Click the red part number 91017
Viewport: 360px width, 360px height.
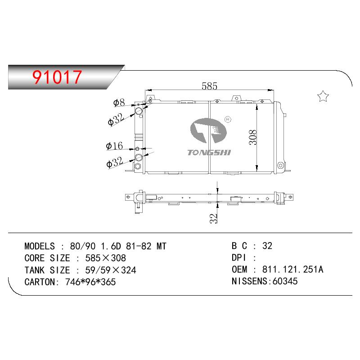click(x=57, y=77)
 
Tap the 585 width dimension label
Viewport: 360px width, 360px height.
click(x=209, y=86)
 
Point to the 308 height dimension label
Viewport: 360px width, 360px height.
click(x=253, y=137)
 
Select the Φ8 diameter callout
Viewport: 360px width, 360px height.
click(x=119, y=103)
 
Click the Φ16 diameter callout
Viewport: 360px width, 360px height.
click(x=114, y=146)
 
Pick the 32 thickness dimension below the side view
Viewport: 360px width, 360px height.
click(x=213, y=218)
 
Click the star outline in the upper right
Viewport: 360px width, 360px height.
click(x=323, y=96)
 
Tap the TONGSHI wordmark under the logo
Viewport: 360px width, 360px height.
click(x=209, y=153)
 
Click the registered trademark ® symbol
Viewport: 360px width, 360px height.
click(x=228, y=119)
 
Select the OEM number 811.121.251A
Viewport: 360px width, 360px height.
click(x=293, y=269)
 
